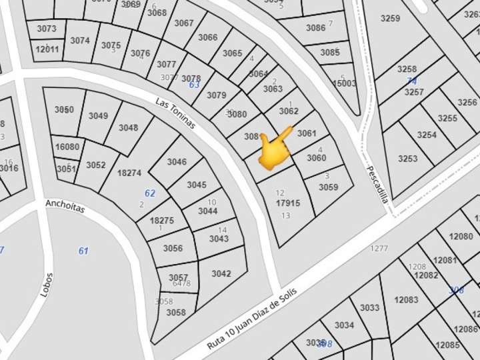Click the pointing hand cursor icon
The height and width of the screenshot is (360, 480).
click(275, 148)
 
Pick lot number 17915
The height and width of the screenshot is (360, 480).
click(288, 203)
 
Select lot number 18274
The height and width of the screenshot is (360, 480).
click(129, 173)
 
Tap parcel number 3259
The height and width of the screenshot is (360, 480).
click(390, 19)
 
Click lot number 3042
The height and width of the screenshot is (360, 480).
click(221, 273)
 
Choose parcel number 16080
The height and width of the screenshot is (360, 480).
click(67, 147)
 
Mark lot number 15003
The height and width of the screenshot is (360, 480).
click(345, 83)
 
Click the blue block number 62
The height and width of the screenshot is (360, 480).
click(150, 193)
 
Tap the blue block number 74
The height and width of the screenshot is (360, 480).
click(412, 81)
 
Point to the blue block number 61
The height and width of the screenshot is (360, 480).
click(83, 251)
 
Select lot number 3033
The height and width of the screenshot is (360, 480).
click(369, 308)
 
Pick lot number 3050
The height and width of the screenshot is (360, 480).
click(64, 110)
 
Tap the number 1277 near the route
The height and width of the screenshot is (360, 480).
click(379, 249)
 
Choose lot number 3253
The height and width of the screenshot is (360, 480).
click(407, 159)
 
